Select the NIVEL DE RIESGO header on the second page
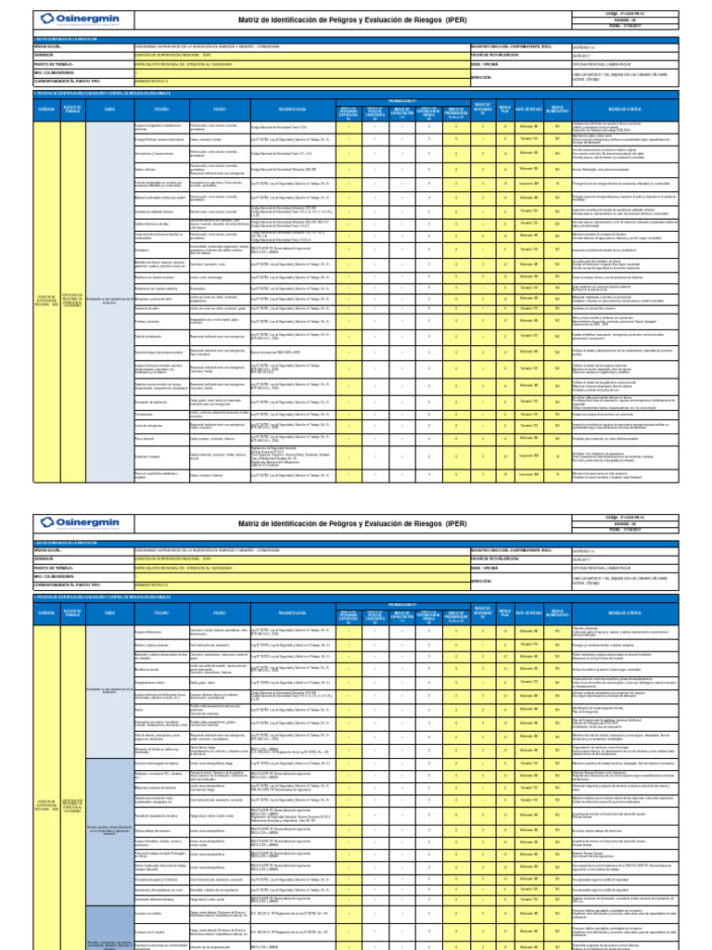pos(528,614)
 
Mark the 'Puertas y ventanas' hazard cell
pos(150,321)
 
